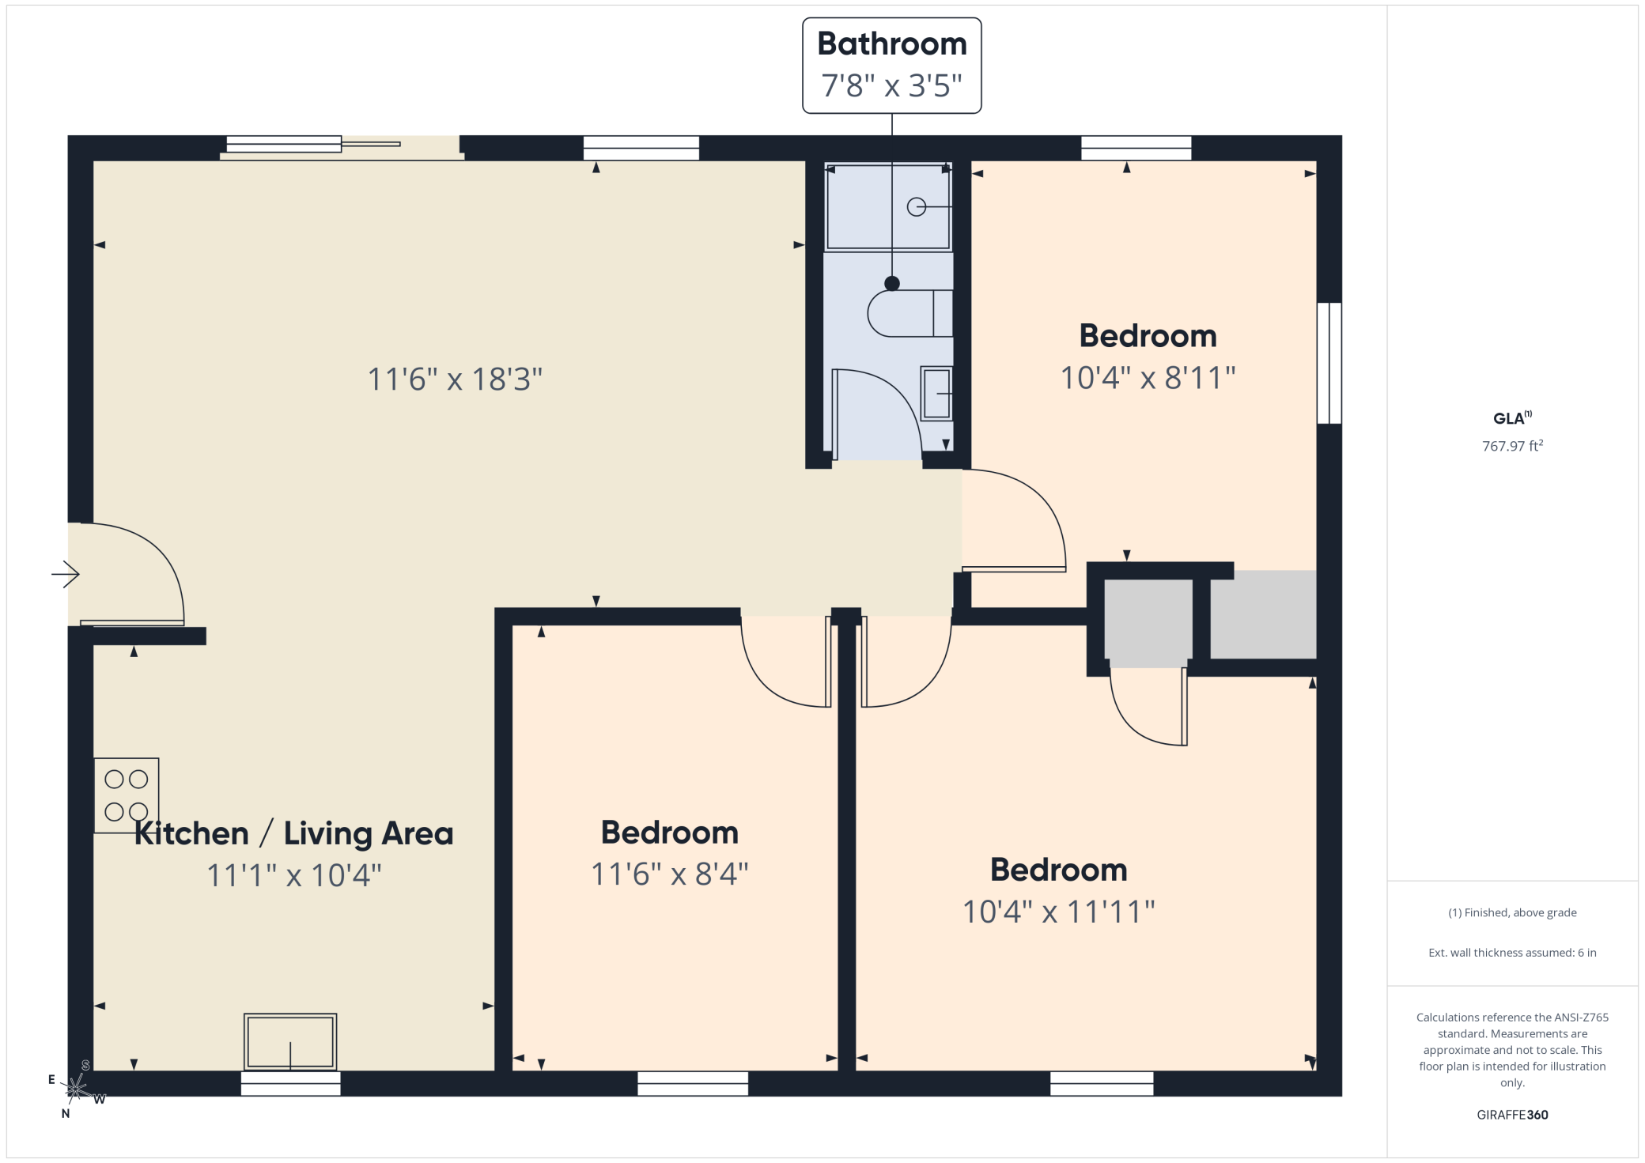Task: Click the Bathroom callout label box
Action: point(891,66)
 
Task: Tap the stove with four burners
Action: point(127,795)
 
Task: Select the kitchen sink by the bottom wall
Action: point(290,1042)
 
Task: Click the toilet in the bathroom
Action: point(909,313)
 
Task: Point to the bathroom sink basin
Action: point(936,393)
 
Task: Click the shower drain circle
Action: point(916,206)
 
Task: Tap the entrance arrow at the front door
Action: point(66,574)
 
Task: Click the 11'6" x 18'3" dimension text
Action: point(455,379)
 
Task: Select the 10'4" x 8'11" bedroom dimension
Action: point(1148,378)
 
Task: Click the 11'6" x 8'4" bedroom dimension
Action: point(670,874)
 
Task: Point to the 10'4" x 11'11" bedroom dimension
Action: point(1058,912)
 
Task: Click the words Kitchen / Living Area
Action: point(294,833)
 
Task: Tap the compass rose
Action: point(76,1089)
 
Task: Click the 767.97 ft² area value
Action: point(1512,446)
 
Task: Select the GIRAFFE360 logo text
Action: point(1512,1115)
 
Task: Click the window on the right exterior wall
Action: point(1329,363)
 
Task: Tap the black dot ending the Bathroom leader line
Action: point(892,283)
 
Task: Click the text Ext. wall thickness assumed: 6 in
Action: point(1512,953)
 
